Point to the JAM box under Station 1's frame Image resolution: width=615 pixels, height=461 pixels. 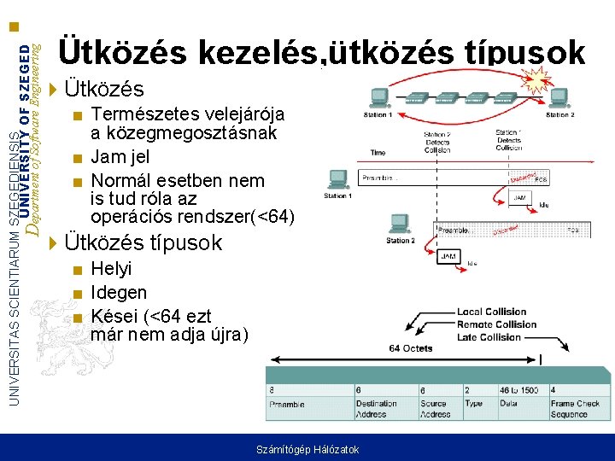[x=519, y=197]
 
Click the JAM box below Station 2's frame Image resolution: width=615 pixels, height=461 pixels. [x=448, y=256]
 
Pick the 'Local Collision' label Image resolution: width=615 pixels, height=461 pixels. [x=491, y=312]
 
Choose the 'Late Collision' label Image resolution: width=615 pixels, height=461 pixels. [x=489, y=336]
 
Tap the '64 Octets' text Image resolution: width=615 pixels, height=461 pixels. [x=410, y=348]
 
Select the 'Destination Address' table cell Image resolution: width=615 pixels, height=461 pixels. [x=377, y=409]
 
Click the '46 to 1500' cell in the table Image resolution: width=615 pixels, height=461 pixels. [x=519, y=389]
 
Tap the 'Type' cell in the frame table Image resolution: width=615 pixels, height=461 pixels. [x=474, y=404]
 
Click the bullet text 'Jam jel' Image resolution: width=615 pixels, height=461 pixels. [x=120, y=157]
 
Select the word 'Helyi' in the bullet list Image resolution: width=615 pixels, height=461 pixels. [x=111, y=269]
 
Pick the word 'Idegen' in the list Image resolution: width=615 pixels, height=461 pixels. [x=119, y=293]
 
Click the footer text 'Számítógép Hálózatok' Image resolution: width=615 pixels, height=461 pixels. [x=307, y=450]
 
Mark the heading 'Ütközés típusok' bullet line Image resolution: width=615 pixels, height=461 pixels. [x=143, y=242]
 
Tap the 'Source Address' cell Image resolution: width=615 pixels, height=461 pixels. [x=435, y=409]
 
